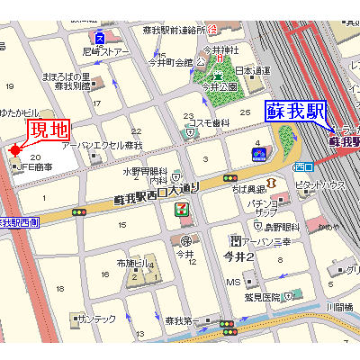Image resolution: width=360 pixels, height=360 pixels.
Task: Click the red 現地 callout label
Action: coord(49,130)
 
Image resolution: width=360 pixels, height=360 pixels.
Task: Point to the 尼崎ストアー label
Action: coord(107,51)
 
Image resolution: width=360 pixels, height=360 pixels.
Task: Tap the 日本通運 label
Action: coord(253,70)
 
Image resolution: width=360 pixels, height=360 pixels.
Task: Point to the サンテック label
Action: coord(96,319)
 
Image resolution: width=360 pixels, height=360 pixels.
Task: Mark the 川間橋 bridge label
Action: coord(339,308)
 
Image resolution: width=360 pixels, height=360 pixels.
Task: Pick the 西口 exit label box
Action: coord(304,166)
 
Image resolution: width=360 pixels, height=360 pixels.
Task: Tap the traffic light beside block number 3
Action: coord(230,177)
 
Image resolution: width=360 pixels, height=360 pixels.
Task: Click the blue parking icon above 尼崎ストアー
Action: coord(99,37)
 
